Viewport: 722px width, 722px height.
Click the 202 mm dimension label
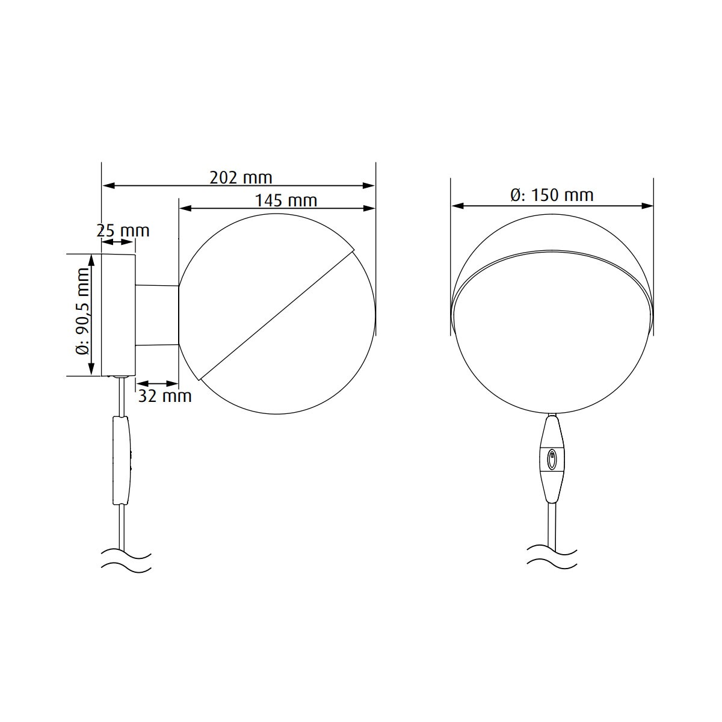(241, 177)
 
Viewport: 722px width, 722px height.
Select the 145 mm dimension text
(285, 200)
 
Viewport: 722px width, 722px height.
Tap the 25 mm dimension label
(123, 230)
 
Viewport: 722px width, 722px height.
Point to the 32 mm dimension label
(165, 395)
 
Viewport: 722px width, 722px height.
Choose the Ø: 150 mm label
(552, 195)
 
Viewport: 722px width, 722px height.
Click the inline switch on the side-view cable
(122, 460)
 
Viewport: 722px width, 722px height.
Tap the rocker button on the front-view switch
(552, 461)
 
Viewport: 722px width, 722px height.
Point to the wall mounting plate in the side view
(119, 315)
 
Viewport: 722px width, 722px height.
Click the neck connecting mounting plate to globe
(157, 315)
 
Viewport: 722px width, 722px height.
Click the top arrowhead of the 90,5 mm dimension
(91, 259)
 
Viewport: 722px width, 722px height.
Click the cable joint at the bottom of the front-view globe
(552, 415)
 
